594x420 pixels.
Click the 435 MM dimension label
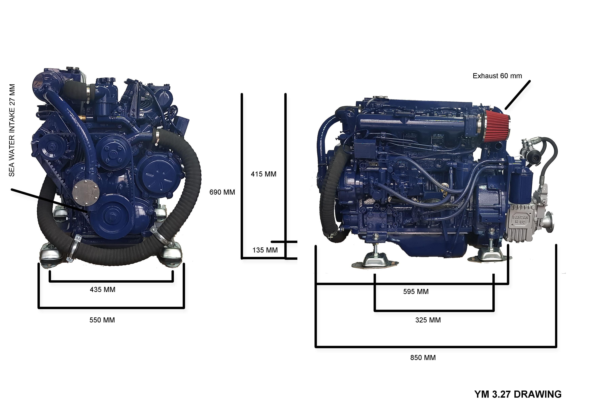coord(102,290)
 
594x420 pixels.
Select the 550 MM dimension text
coord(102,320)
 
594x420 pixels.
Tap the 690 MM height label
coord(222,192)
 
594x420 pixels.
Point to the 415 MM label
coord(264,174)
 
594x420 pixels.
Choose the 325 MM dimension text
coord(428,320)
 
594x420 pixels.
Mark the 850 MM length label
coord(423,358)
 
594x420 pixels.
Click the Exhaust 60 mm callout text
coord(497,76)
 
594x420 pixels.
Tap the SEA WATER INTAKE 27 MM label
coord(12,130)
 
